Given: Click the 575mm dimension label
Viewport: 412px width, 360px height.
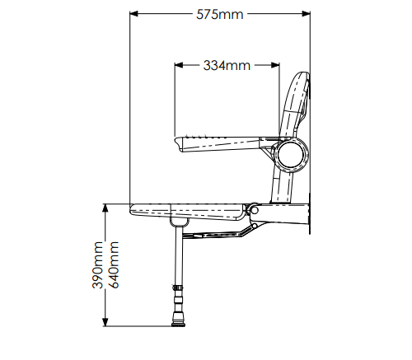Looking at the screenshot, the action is click(220, 15).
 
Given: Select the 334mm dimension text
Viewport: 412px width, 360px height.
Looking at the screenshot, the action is click(227, 66).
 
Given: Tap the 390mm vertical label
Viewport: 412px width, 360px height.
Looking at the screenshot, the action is click(97, 265).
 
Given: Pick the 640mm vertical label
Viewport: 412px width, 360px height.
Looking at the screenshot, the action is click(114, 265).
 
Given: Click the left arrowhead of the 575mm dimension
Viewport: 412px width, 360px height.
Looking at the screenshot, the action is click(133, 14).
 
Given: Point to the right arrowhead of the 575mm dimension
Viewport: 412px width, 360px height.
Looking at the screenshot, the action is click(306, 14).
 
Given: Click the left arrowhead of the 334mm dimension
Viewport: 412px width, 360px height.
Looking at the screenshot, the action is click(179, 65).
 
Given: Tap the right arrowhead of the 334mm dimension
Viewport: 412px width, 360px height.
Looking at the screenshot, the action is click(275, 65).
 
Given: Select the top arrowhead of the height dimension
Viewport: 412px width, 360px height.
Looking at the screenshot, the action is click(105, 208).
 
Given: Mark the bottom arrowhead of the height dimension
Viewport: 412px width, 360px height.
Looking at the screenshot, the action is click(105, 322).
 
